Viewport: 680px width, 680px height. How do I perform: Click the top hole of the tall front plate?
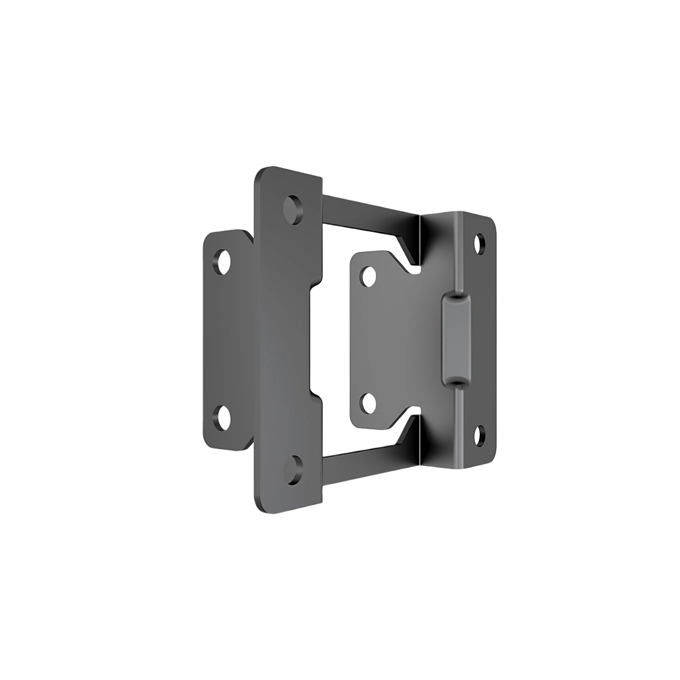[x=294, y=210]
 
